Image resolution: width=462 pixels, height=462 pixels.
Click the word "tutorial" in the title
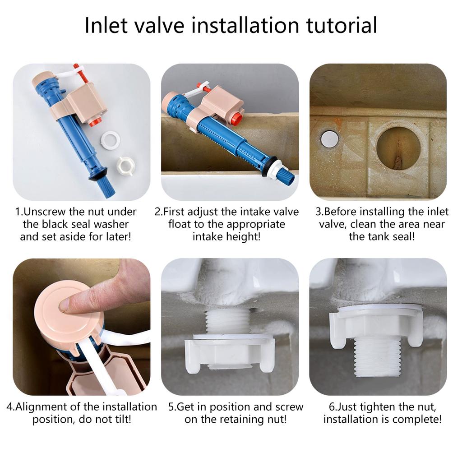tap(342, 25)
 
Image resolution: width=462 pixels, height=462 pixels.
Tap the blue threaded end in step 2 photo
tap(285, 174)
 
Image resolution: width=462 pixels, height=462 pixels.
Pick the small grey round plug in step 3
tap(330, 139)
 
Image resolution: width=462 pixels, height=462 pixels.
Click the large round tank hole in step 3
tap(398, 148)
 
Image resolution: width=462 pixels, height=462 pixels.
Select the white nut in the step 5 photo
tap(230, 352)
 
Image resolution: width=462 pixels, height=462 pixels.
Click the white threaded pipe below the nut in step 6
tap(378, 357)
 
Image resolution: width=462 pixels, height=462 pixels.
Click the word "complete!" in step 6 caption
tap(417, 420)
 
